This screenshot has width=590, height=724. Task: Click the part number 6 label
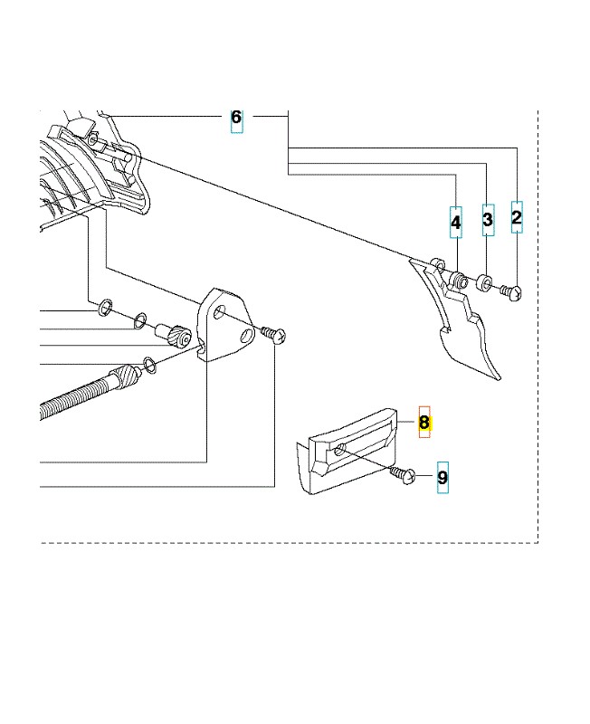pyautogui.click(x=236, y=118)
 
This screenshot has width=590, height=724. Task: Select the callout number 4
pyautogui.click(x=456, y=223)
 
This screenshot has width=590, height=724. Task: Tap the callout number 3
pyautogui.click(x=488, y=219)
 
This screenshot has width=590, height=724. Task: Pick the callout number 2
pyautogui.click(x=517, y=217)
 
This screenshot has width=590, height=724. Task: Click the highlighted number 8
pyautogui.click(x=424, y=422)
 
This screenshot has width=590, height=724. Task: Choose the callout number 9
pyautogui.click(x=442, y=478)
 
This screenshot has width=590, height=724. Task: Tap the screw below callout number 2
pyautogui.click(x=512, y=291)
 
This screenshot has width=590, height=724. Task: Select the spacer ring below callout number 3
pyautogui.click(x=483, y=281)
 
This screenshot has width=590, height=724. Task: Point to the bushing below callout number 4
pyautogui.click(x=459, y=279)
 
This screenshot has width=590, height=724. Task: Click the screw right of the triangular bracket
pyautogui.click(x=274, y=335)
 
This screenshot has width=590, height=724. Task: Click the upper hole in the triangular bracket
pyautogui.click(x=219, y=311)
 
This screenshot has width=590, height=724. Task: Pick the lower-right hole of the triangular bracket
pyautogui.click(x=248, y=336)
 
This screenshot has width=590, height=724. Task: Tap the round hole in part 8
pyautogui.click(x=341, y=449)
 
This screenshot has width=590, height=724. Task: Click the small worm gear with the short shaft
pyautogui.click(x=174, y=333)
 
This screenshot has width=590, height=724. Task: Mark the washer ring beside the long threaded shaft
pyautogui.click(x=150, y=364)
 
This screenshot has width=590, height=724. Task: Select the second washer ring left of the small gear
pyautogui.click(x=140, y=320)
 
